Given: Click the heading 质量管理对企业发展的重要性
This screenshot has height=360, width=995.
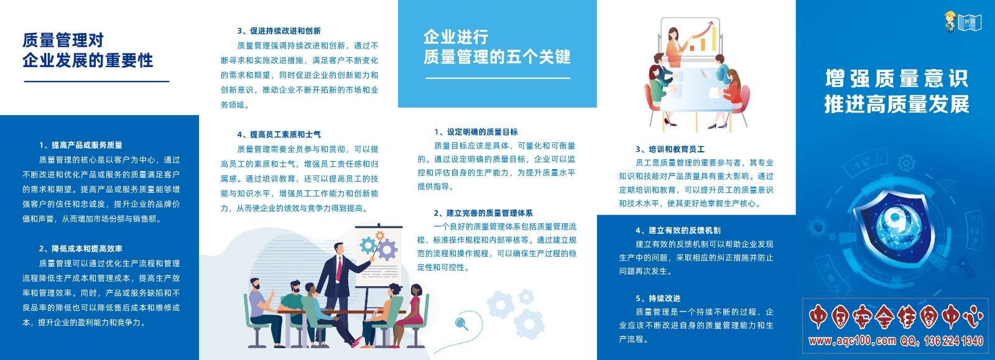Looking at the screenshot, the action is pyautogui.click(x=88, y=50).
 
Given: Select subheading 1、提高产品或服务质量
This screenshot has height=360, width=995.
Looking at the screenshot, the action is pyautogui.click(x=80, y=145).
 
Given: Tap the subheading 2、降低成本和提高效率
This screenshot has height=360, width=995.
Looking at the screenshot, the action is pyautogui.click(x=80, y=249).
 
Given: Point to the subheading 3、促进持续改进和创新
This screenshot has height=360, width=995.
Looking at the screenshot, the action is pyautogui.click(x=279, y=31).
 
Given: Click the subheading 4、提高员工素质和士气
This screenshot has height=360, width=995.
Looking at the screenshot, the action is pyautogui.click(x=279, y=134).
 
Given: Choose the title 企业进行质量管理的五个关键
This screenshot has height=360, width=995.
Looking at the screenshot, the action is pyautogui.click(x=497, y=47).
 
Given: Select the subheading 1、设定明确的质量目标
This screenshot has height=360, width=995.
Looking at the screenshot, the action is pyautogui.click(x=476, y=132).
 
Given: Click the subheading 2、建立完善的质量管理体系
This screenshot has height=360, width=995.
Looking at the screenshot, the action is pyautogui.click(x=483, y=213).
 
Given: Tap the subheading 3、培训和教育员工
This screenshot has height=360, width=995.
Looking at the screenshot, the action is pyautogui.click(x=670, y=149).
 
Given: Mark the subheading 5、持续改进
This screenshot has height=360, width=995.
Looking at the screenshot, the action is pyautogui.click(x=658, y=298).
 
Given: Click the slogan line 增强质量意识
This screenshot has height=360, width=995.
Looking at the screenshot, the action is pyautogui.click(x=896, y=79).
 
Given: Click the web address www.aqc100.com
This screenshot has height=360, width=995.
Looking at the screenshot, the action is pyautogui.click(x=852, y=341).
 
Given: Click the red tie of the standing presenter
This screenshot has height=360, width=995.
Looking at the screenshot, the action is pyautogui.click(x=340, y=269).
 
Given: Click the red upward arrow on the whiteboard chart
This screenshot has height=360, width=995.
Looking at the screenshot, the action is pyautogui.click(x=699, y=31).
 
